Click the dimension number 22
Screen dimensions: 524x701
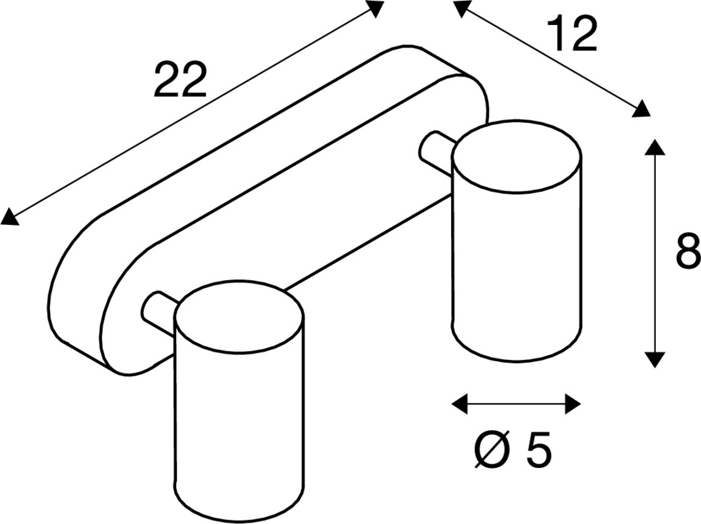180,80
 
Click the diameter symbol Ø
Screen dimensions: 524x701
491,451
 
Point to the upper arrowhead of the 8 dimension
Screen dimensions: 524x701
655,148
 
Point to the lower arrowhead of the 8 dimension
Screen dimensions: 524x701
655,359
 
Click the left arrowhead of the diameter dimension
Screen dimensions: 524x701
459,403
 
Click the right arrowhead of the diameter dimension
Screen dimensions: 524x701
573,403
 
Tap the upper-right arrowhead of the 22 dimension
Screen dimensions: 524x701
375,8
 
